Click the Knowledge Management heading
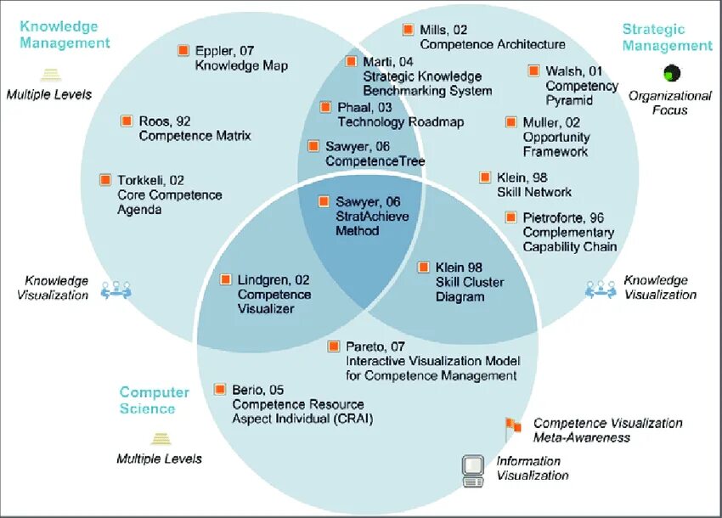(x=65, y=35)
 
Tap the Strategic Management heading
(x=667, y=37)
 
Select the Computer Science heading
(x=154, y=400)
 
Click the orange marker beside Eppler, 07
(x=183, y=51)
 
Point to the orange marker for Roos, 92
(x=127, y=121)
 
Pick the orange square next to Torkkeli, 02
(x=105, y=180)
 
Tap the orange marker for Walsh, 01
(x=533, y=71)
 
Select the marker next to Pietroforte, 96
(x=511, y=217)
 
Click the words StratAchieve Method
(x=372, y=222)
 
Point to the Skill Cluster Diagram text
(x=470, y=289)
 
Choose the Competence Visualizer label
(x=274, y=301)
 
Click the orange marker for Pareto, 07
(x=335, y=346)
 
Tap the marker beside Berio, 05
(x=221, y=390)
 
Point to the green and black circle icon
(x=673, y=72)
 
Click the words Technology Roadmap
(x=401, y=122)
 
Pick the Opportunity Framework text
(x=556, y=144)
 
